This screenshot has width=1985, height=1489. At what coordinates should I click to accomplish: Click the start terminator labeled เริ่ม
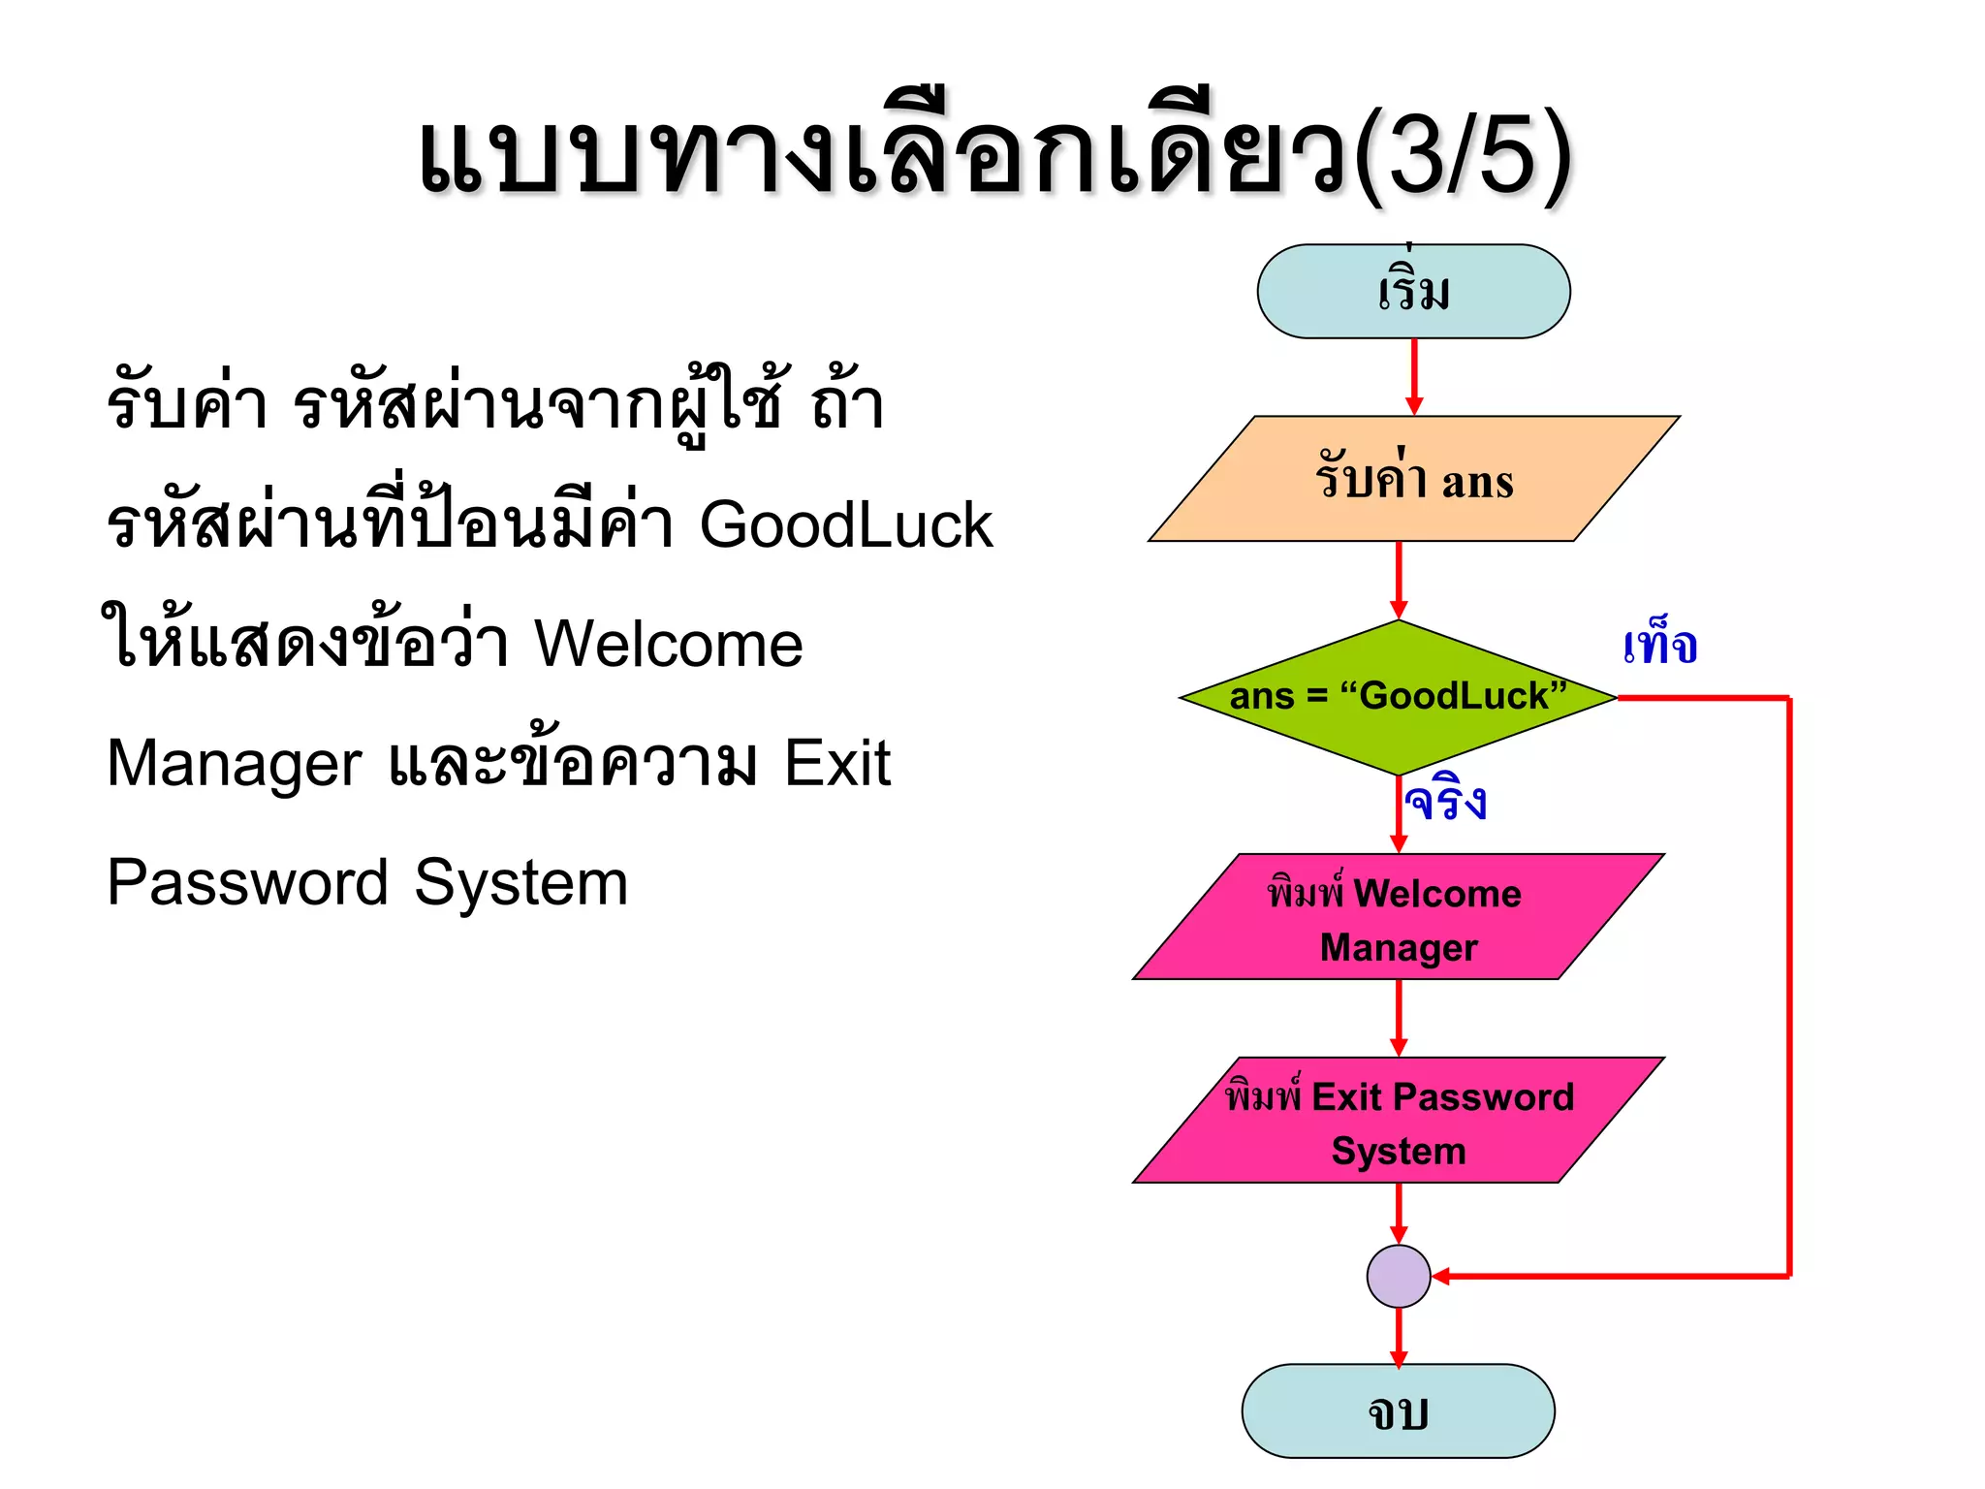[x=1413, y=291]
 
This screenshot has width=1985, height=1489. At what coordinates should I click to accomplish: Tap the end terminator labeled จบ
[x=1398, y=1410]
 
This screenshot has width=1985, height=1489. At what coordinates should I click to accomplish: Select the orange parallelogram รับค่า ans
[x=1413, y=479]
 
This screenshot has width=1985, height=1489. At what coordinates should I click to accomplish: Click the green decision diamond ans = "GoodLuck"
[x=1398, y=697]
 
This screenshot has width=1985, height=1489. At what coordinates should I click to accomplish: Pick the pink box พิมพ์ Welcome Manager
[x=1398, y=917]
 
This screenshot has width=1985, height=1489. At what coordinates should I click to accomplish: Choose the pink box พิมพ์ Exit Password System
[x=1398, y=1121]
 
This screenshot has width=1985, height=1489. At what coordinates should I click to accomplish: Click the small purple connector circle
[x=1398, y=1276]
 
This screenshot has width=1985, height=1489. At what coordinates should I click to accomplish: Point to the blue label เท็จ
[x=1659, y=645]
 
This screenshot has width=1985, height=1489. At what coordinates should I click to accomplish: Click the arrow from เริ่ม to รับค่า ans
[x=1413, y=376]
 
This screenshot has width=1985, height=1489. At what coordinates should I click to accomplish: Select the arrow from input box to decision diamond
[x=1398, y=580]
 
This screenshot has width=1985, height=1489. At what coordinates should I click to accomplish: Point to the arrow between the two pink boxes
[x=1398, y=1018]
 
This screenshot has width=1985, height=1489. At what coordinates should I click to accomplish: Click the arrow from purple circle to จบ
[x=1398, y=1338]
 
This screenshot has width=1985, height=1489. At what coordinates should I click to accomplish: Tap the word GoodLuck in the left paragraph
[x=845, y=525]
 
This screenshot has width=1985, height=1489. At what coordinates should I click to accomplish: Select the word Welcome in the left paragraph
[x=669, y=644]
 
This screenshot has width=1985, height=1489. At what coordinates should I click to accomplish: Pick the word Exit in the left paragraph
[x=836, y=763]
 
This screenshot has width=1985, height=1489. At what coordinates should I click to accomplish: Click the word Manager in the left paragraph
[x=234, y=763]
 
